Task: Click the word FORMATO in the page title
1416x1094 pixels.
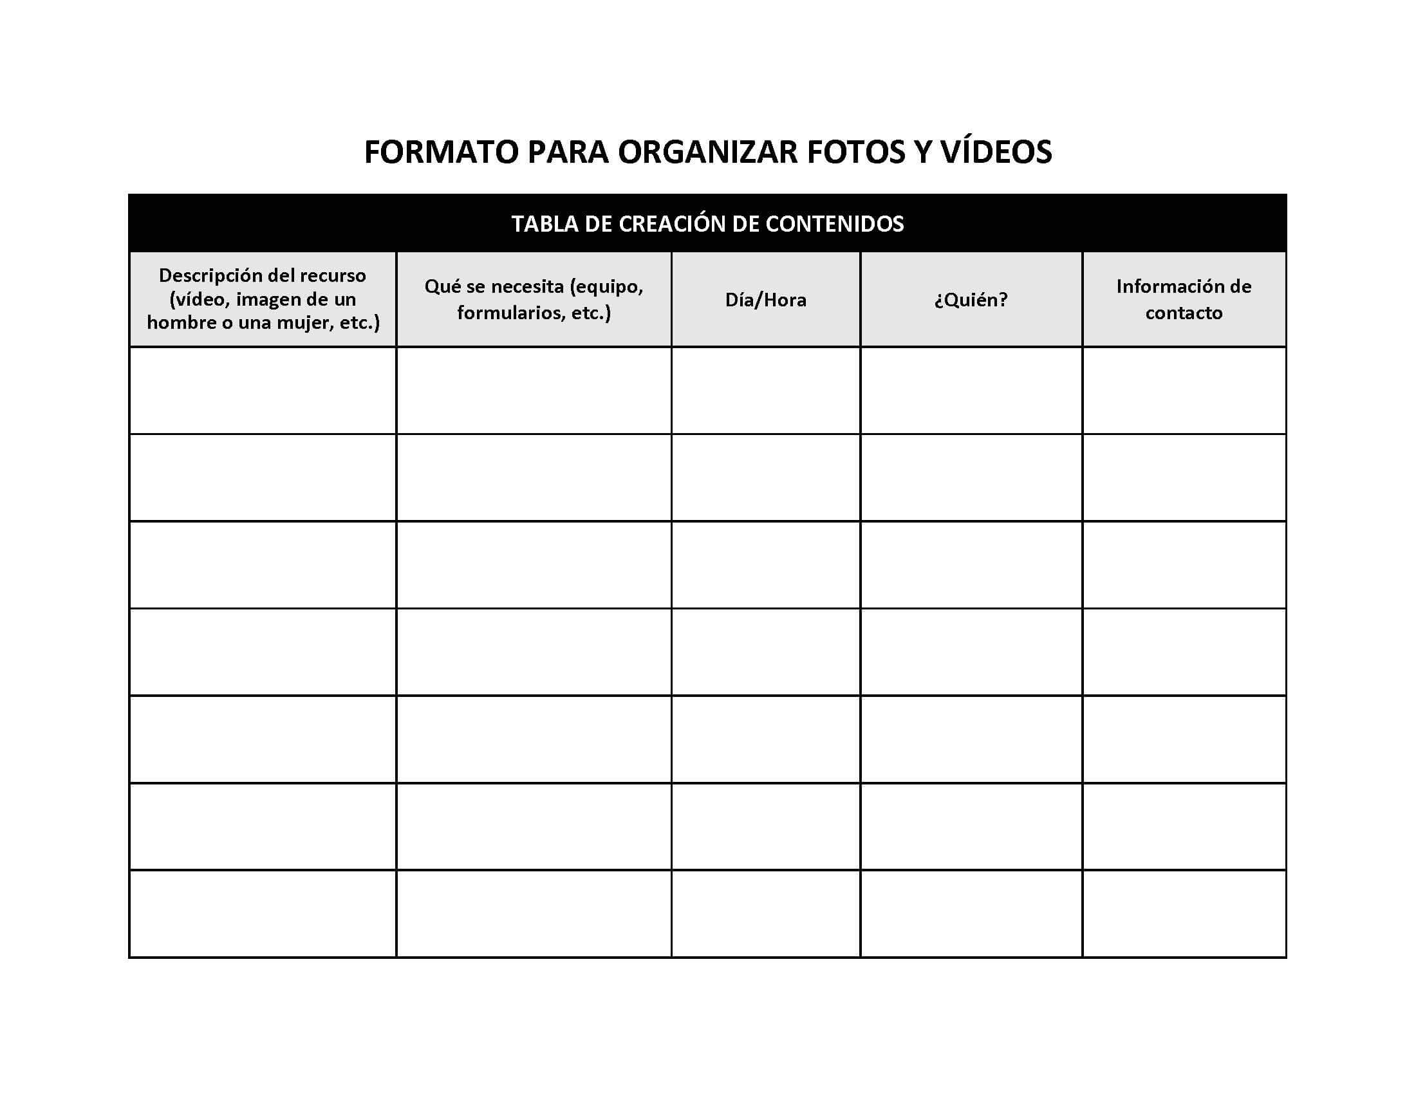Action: (442, 153)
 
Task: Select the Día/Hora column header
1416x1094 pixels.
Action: (766, 300)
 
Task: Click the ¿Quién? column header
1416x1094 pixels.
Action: (971, 300)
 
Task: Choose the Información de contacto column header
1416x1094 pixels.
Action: (1183, 299)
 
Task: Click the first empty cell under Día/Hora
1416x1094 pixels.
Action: (766, 391)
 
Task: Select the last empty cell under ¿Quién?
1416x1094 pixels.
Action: (971, 914)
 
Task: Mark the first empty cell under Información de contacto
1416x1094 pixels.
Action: (1184, 391)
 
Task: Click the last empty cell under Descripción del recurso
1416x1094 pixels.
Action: (263, 914)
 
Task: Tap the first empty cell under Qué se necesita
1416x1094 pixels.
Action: (534, 391)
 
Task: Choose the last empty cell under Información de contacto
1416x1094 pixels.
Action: (1184, 914)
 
